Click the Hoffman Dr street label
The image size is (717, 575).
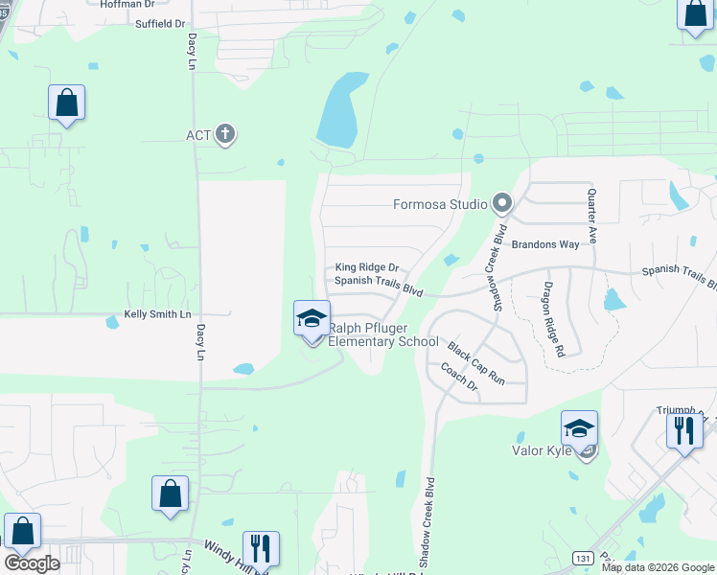pyautogui.click(x=127, y=4)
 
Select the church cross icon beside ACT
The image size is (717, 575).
pyautogui.click(x=225, y=134)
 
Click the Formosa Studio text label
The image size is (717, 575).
pyautogui.click(x=441, y=204)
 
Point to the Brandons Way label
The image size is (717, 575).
pyautogui.click(x=544, y=244)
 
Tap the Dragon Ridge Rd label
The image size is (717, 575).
pyautogui.click(x=553, y=319)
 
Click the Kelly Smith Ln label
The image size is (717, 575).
pyautogui.click(x=158, y=314)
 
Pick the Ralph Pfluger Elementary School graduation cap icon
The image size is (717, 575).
pyautogui.click(x=312, y=318)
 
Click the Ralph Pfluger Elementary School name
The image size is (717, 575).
pyautogui.click(x=383, y=334)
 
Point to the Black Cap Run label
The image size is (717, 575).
pyautogui.click(x=476, y=364)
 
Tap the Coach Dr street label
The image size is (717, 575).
pyautogui.click(x=458, y=376)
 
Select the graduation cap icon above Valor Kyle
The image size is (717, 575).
pyautogui.click(x=579, y=428)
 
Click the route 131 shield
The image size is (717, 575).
pyautogui.click(x=582, y=557)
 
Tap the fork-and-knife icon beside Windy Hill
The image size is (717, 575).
pyautogui.click(x=261, y=548)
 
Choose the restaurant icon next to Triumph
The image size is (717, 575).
pyautogui.click(x=684, y=429)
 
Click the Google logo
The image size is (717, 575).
pyautogui.click(x=32, y=563)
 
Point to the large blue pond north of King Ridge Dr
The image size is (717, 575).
pyautogui.click(x=336, y=113)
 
